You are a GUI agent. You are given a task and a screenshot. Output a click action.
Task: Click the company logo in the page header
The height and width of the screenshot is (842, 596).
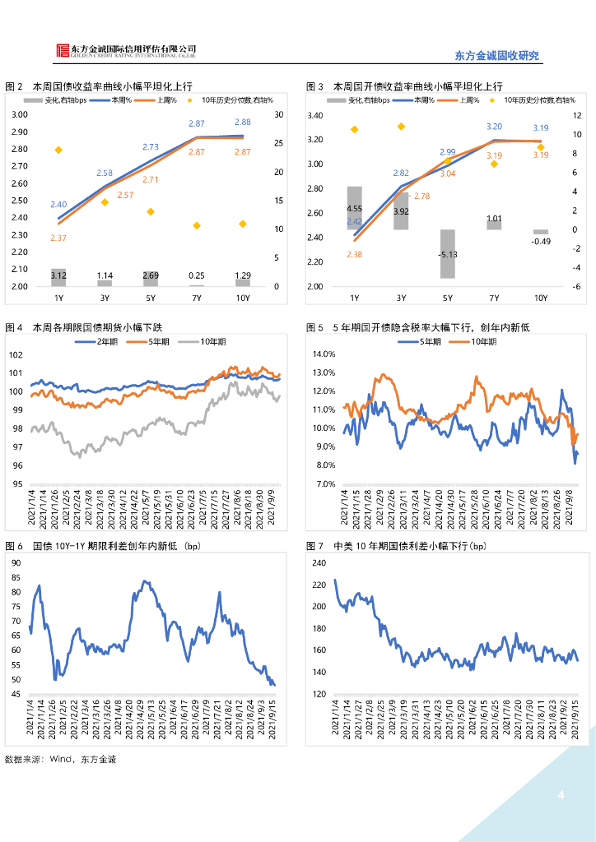[64, 51]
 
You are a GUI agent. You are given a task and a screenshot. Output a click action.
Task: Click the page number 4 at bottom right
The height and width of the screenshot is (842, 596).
[561, 795]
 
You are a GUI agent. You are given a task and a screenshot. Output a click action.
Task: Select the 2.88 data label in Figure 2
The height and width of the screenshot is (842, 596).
[243, 122]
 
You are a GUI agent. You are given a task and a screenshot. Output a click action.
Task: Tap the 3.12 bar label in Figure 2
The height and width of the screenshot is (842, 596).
[58, 275]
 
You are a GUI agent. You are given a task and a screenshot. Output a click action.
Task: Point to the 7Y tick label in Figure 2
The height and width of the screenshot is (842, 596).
[197, 297]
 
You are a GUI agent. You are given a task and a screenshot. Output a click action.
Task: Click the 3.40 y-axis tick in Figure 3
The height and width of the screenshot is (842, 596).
[314, 115]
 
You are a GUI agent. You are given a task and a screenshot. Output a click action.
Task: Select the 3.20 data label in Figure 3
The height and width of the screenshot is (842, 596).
[494, 127]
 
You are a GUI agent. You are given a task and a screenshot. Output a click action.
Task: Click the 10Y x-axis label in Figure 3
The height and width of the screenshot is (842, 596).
[541, 297]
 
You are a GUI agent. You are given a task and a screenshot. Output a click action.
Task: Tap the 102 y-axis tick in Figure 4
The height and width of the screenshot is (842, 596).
[16, 354]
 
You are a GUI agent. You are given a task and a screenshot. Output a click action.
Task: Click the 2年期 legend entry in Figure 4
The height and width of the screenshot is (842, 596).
[109, 341]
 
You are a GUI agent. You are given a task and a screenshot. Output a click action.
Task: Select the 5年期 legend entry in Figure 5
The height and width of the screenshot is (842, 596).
[433, 341]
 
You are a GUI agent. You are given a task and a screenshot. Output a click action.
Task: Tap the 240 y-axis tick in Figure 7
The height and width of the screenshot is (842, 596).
[318, 562]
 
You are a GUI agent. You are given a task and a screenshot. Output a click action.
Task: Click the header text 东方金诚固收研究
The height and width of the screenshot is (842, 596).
[496, 56]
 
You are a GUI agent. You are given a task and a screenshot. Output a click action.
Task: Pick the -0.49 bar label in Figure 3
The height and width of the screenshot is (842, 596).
[541, 241]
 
